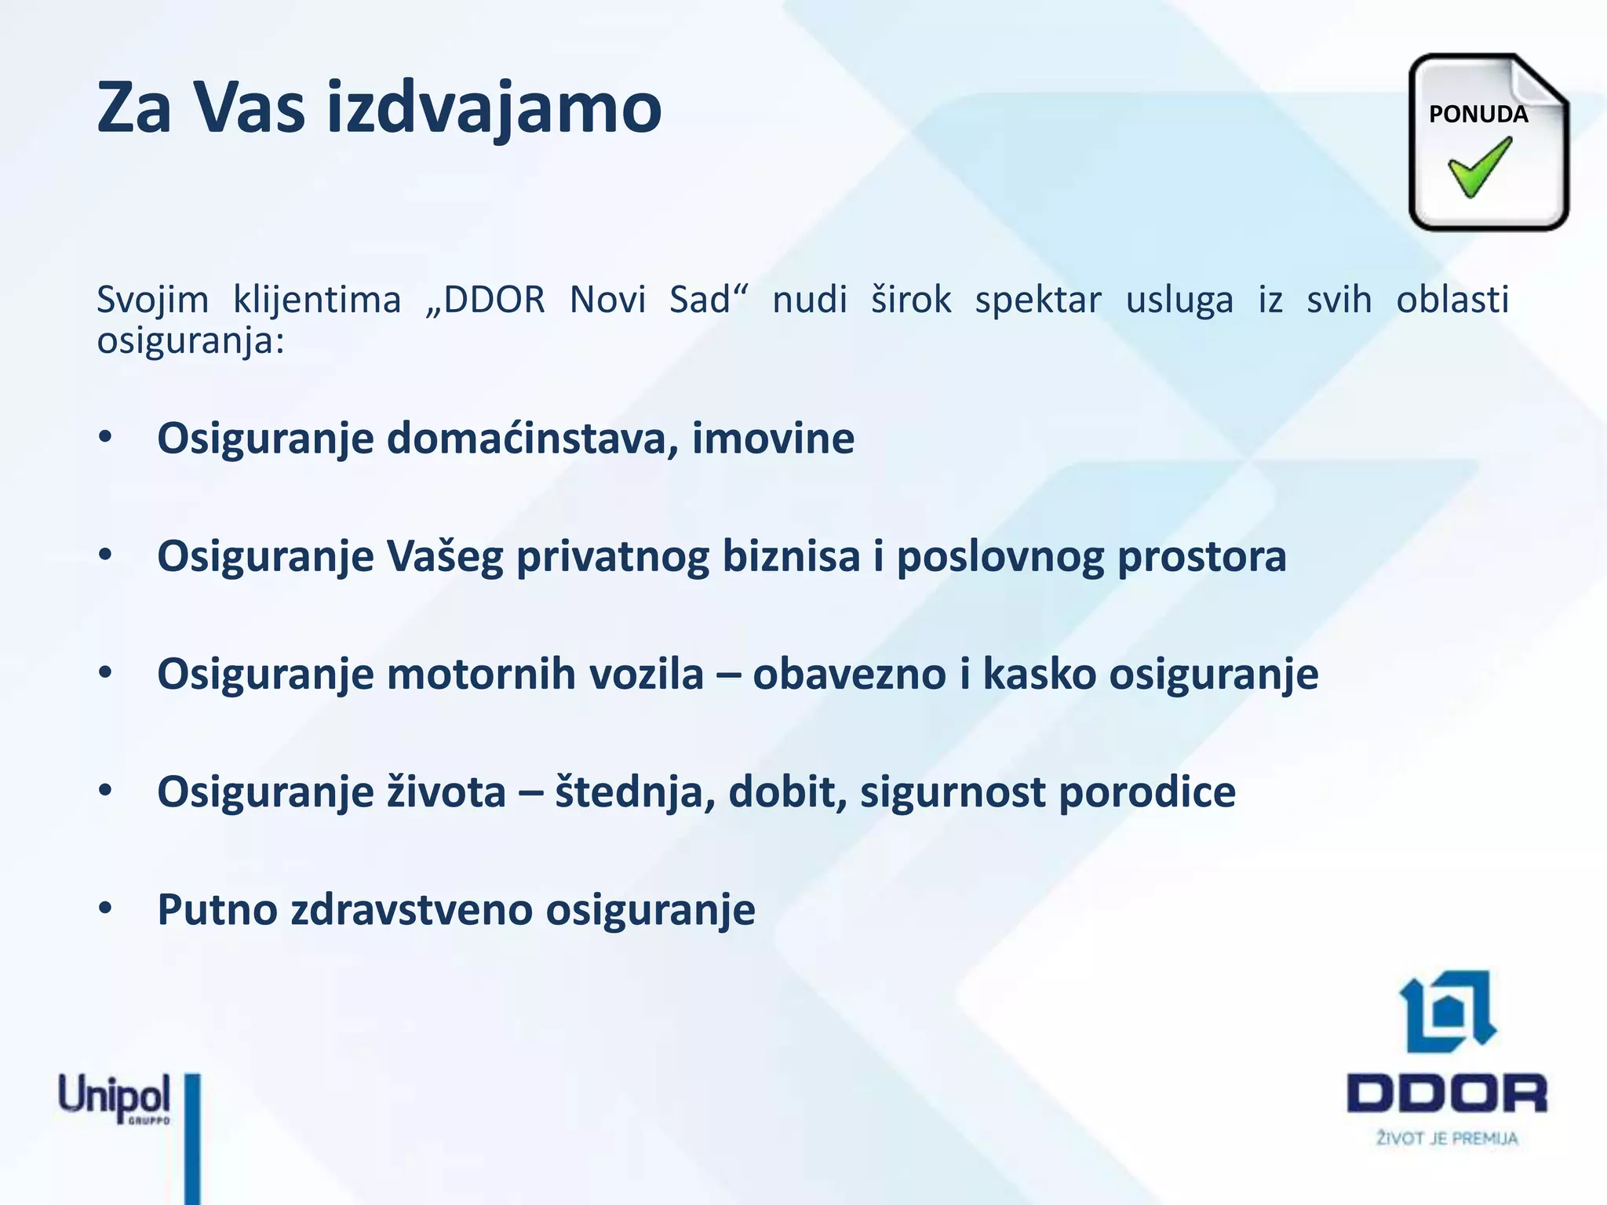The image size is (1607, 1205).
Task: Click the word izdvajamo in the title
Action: pos(494,107)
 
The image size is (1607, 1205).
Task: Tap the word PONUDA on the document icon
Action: pos(1478,115)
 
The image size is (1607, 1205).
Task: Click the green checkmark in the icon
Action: pos(1480,166)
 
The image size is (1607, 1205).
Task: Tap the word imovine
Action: pos(772,438)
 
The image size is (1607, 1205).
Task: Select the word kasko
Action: pos(1039,674)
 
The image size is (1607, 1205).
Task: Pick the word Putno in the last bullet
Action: pos(217,910)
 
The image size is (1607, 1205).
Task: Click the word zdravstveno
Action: pos(411,910)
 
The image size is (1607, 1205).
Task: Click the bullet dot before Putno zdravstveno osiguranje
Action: pos(106,908)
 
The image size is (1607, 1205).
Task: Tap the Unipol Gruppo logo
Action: pos(115,1098)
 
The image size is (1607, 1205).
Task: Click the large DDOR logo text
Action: pos(1446,1094)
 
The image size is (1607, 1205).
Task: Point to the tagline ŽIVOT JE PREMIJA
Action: pos(1447,1138)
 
